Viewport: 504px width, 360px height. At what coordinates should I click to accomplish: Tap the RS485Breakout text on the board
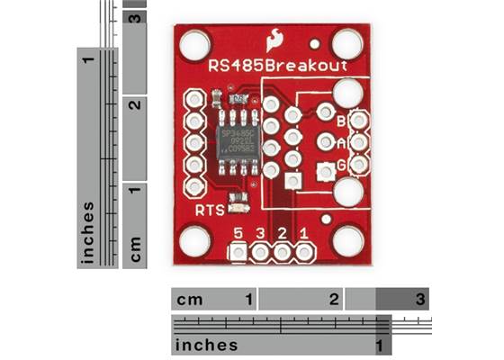[x=267, y=66]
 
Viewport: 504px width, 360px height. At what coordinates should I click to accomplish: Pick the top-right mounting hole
[x=346, y=43]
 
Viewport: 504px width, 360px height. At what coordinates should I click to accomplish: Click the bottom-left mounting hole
[x=193, y=240]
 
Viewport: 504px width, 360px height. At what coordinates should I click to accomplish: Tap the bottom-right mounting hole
[x=346, y=240]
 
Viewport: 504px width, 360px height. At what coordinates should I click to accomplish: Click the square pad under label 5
[x=238, y=253]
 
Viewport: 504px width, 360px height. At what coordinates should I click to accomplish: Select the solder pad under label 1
[x=304, y=253]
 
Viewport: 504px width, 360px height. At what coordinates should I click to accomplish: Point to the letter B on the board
[x=341, y=121]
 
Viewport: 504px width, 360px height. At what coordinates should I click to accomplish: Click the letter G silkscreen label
[x=341, y=165]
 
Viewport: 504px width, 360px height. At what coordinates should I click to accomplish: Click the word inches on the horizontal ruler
[x=207, y=346]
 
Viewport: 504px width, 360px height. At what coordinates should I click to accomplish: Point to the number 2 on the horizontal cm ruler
[x=334, y=298]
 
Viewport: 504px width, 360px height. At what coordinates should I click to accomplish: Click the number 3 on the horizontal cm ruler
[x=419, y=298]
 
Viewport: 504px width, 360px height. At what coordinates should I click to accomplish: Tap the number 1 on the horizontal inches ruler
[x=382, y=346]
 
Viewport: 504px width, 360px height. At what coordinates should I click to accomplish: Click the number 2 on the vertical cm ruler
[x=134, y=105]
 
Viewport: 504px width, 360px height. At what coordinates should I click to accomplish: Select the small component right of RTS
[x=238, y=202]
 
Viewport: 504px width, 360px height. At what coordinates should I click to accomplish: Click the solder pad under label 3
[x=261, y=253]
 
